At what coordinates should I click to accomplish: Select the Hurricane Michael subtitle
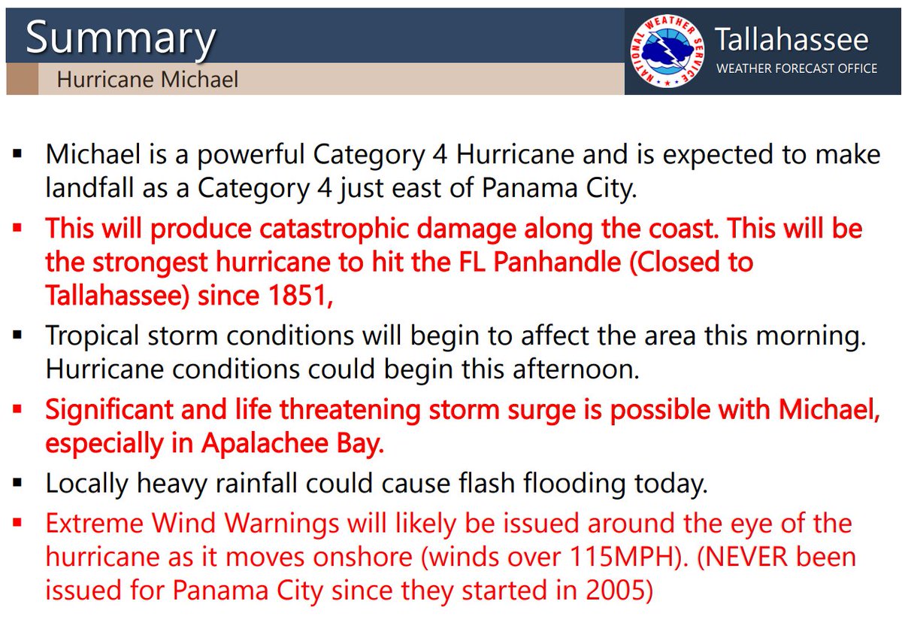click(147, 80)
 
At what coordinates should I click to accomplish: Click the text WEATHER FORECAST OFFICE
click(796, 68)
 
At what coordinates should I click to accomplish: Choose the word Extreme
click(94, 523)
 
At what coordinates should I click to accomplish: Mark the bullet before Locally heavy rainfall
click(18, 482)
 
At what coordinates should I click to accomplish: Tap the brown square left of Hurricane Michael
click(22, 79)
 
